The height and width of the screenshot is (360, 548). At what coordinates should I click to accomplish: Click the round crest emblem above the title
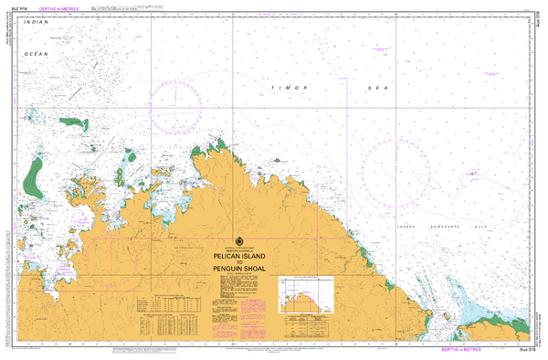238,235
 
